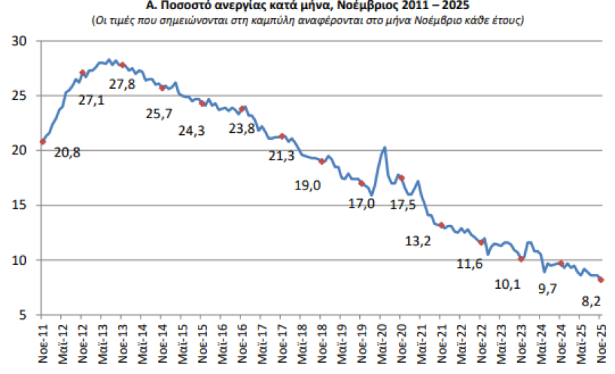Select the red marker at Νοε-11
(x=43, y=141)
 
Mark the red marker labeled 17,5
(x=401, y=178)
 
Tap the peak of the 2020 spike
(x=384, y=147)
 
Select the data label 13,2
(x=418, y=241)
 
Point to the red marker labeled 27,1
(x=82, y=73)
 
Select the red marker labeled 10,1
(x=521, y=259)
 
